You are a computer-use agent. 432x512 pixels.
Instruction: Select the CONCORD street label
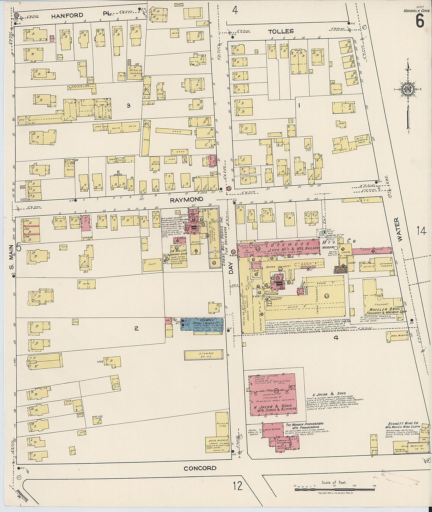point(200,468)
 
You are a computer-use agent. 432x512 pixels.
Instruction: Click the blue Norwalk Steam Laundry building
point(202,324)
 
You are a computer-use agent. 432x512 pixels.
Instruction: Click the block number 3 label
point(128,106)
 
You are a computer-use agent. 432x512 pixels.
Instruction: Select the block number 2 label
point(136,328)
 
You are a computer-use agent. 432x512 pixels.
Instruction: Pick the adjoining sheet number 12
point(238,486)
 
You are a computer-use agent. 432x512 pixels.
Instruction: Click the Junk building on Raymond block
point(153,263)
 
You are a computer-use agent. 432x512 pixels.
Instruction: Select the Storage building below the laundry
point(204,355)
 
